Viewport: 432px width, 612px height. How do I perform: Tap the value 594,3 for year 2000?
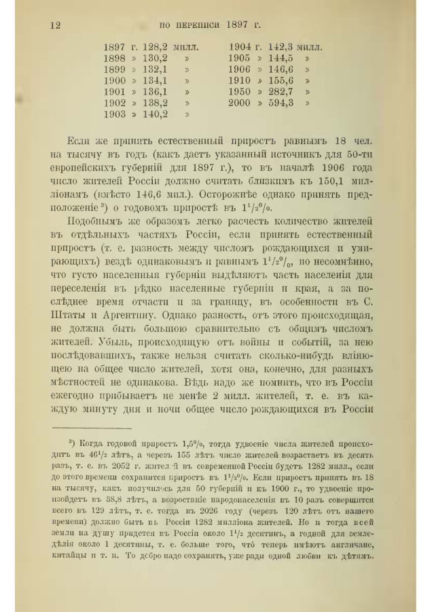pos(281,103)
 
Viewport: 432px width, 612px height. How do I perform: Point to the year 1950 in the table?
pos(238,91)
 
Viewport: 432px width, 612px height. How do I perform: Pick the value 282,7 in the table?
pos(281,91)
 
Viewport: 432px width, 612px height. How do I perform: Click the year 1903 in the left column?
pos(114,114)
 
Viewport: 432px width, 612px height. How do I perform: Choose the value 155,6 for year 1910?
pos(281,80)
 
